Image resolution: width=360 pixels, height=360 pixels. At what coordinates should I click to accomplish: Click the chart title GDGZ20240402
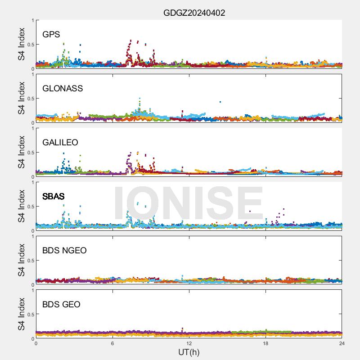(194, 13)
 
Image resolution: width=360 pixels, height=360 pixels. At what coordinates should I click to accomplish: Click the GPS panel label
(51, 35)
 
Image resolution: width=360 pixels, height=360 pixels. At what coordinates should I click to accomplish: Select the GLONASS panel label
(63, 89)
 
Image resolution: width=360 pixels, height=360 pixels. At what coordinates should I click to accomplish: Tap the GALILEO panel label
(60, 143)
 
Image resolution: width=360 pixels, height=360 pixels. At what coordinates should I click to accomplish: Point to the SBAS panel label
(54, 197)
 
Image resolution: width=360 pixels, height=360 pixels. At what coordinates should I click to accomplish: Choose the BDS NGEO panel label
(64, 251)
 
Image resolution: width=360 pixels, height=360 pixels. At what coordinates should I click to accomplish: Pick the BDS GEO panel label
(61, 305)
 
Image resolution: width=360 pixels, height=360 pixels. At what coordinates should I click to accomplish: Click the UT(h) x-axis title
(189, 352)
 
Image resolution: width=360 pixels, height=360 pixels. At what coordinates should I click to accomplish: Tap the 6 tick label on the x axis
(112, 343)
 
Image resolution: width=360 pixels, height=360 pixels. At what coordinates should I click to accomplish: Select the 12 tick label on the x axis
(189, 343)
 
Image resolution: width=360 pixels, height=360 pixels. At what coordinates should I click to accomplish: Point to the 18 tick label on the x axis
(265, 343)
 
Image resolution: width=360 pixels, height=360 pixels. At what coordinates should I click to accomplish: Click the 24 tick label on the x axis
(342, 343)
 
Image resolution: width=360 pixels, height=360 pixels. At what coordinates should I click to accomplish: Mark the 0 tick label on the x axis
(36, 343)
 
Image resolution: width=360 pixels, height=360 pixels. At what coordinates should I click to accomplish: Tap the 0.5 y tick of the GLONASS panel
(29, 99)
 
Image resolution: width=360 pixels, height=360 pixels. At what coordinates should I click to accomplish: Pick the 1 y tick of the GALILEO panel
(32, 129)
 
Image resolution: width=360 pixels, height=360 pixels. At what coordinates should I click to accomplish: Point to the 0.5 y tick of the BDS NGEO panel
(29, 261)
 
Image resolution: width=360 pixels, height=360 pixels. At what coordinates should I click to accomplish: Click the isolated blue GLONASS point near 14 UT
(220, 102)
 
